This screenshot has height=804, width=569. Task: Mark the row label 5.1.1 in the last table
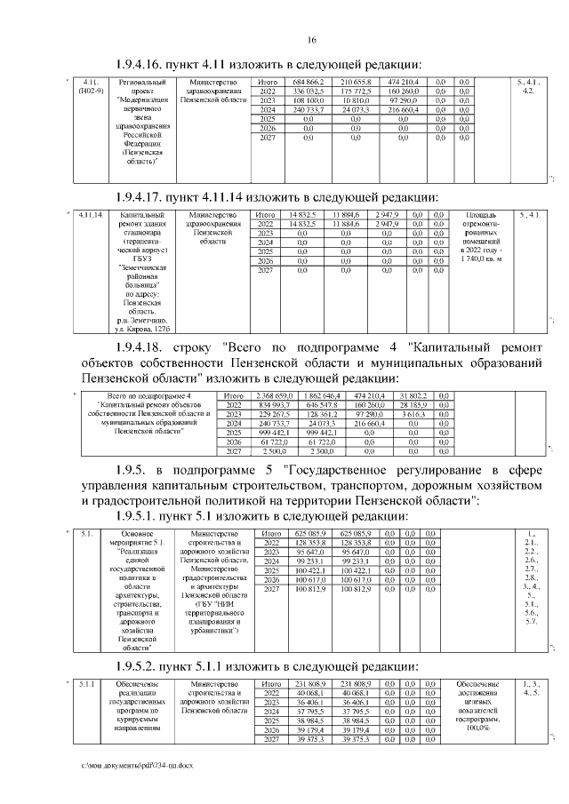click(x=87, y=683)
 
